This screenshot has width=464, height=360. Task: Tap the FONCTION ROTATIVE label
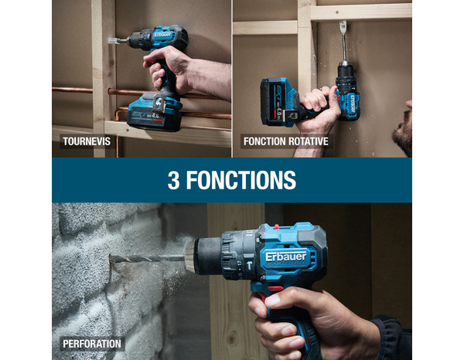285,141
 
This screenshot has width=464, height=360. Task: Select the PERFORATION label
92,343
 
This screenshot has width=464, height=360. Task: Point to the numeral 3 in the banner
173,181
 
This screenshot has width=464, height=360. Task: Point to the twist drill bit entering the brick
147,259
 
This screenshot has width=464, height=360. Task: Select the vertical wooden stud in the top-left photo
103,62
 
